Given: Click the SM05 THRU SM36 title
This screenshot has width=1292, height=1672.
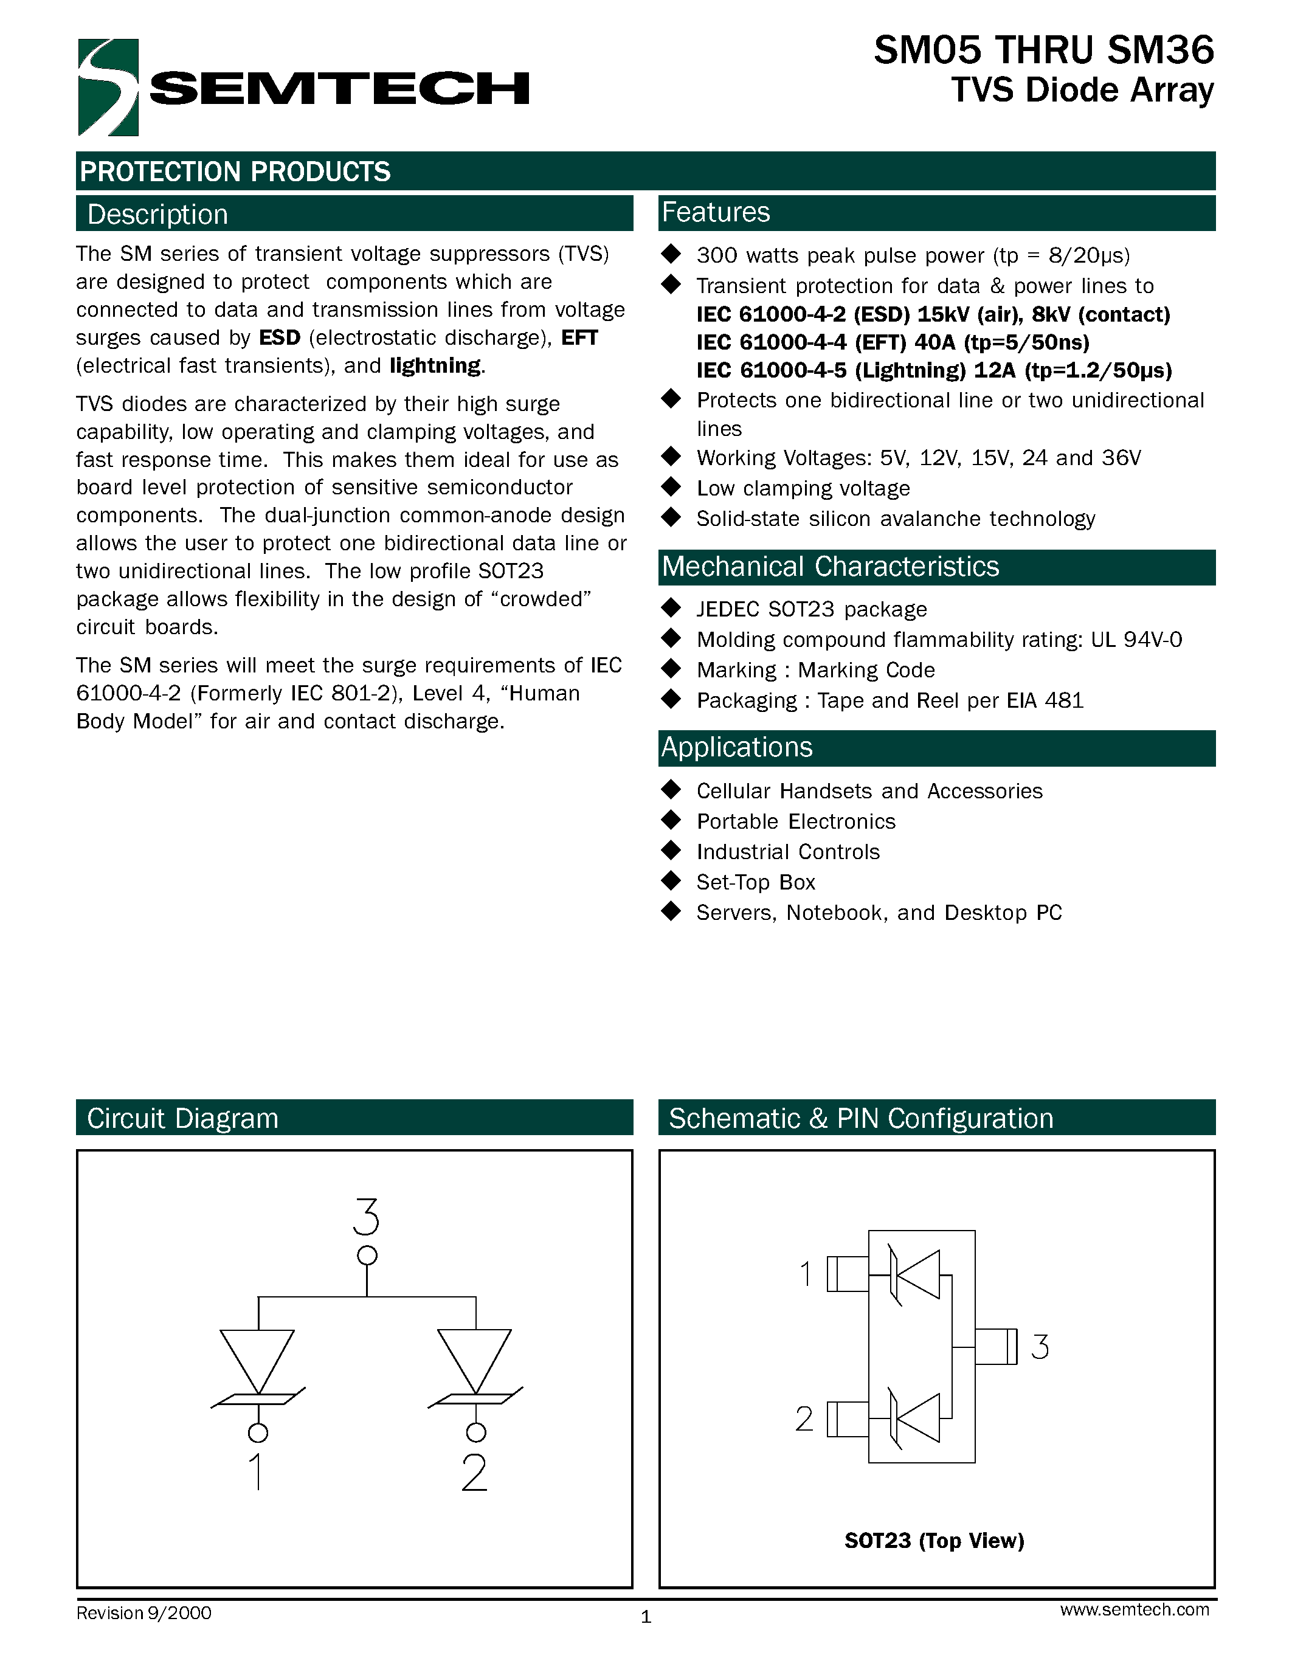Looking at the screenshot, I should point(1043,50).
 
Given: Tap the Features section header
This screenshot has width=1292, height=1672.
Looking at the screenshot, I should point(716,213).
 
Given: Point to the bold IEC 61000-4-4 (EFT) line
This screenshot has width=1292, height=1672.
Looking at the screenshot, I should point(893,342).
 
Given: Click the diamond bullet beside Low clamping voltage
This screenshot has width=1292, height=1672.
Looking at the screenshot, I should point(671,487).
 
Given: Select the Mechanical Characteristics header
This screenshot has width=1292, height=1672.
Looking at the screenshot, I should point(830,567).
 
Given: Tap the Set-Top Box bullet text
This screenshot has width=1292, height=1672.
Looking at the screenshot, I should point(756,883).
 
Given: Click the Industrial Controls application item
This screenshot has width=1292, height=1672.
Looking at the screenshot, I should point(787,852).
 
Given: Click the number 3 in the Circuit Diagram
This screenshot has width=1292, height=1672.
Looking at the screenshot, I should point(367,1217).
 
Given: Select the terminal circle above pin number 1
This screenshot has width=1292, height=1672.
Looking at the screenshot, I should point(258,1432).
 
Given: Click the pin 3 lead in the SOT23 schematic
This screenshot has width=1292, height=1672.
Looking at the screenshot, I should point(996,1347).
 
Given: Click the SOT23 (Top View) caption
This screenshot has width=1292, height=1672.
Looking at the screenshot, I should point(934,1540).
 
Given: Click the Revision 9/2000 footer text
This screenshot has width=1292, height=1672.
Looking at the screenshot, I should point(144,1613).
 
